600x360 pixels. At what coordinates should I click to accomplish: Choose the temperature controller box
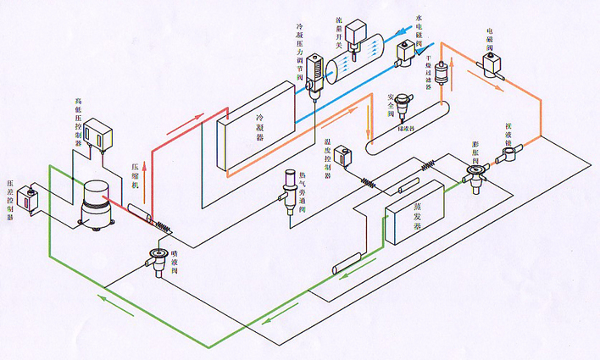pos(344,157)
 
